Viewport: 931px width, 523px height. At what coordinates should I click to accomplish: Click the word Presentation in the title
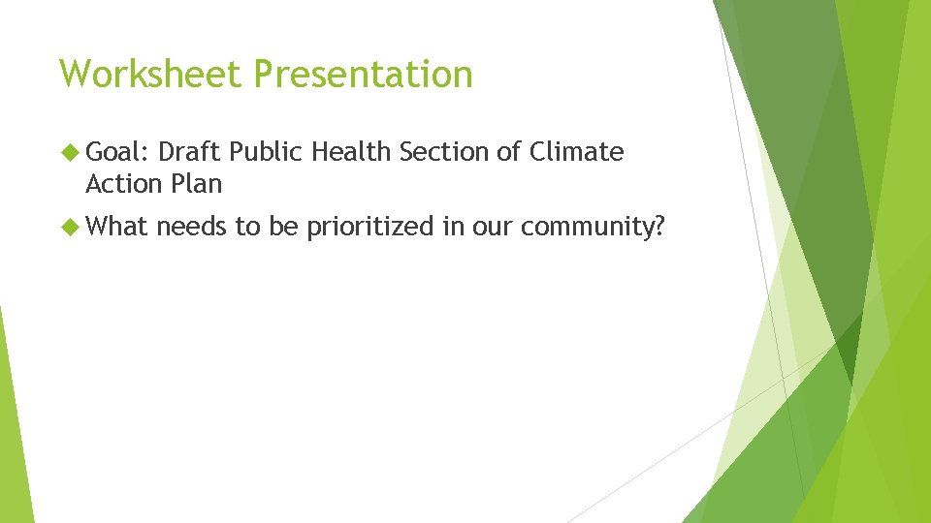364,74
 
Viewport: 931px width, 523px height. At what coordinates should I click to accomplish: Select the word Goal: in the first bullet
116,152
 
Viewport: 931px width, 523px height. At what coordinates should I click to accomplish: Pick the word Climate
577,152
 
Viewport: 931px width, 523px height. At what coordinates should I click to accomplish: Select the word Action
123,183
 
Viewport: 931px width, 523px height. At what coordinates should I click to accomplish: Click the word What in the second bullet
116,228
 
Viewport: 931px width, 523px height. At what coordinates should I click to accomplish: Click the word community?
592,228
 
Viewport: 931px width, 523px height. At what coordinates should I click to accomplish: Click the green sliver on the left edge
14,426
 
